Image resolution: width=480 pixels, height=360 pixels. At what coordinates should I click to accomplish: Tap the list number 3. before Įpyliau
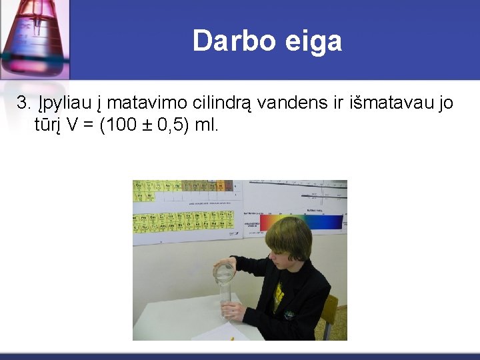coord(24,103)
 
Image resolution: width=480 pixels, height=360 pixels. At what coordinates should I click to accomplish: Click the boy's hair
coord(287,237)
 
